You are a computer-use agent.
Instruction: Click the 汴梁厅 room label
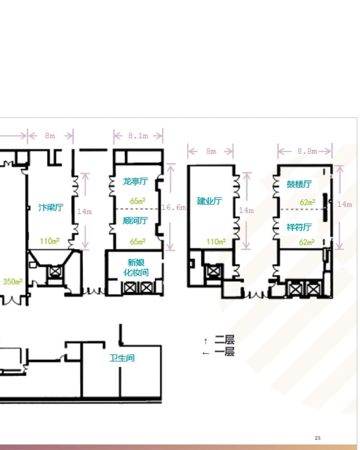pos(51,207)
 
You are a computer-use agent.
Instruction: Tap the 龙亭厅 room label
pos(135,181)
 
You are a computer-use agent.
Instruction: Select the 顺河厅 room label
pos(135,220)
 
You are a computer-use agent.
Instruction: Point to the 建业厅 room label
pos(209,201)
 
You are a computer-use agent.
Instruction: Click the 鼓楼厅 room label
pos(299,184)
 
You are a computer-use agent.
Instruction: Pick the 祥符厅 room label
pos(299,227)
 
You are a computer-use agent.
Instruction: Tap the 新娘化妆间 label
pos(136,267)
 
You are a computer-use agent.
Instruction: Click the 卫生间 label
pos(122,358)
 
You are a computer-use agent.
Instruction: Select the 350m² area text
pos(13,282)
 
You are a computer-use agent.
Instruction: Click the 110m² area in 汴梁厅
pos(49,241)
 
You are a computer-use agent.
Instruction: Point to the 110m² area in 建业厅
pos(216,242)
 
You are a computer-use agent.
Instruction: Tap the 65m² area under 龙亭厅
pos(138,201)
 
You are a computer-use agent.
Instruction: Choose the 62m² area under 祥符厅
pos(306,242)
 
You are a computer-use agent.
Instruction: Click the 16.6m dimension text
pos(174,207)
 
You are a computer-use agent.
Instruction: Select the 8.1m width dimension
pos(138,136)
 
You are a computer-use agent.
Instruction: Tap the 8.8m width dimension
pos(307,151)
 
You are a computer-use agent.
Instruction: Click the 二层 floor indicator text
pos(225,340)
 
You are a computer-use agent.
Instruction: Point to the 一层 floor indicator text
pos(225,351)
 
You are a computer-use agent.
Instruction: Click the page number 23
pos(318,438)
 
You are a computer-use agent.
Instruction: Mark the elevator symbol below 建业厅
pos(213,270)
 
